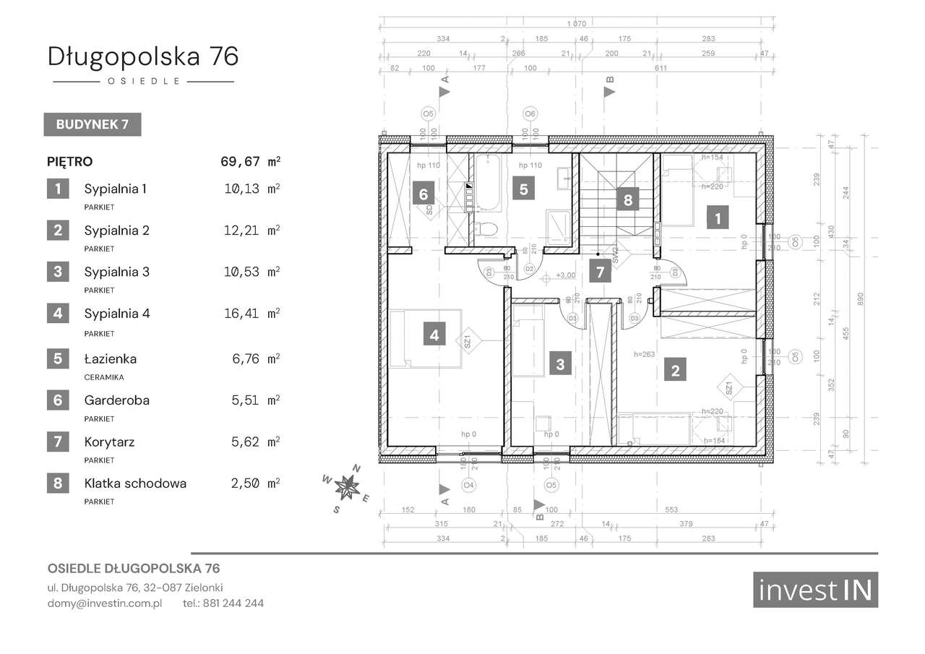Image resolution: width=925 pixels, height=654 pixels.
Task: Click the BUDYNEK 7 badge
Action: (x=92, y=124)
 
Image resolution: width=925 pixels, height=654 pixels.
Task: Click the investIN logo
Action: (x=815, y=590)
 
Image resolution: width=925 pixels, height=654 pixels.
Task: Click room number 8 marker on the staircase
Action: (x=628, y=199)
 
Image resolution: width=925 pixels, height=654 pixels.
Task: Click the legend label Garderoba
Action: (x=116, y=400)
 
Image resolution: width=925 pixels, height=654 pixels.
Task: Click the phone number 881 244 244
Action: (x=233, y=603)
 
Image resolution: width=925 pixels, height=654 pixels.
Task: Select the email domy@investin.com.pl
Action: (x=105, y=603)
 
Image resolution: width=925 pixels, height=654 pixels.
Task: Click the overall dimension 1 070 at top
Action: (x=576, y=24)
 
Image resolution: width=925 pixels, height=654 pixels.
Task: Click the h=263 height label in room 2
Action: (x=644, y=354)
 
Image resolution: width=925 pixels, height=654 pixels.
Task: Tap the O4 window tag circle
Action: (x=468, y=485)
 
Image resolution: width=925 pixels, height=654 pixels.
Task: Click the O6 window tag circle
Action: (x=530, y=113)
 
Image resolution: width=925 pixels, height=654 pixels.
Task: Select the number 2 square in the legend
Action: (x=58, y=231)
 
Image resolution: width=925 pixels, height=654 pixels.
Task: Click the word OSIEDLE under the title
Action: (x=143, y=82)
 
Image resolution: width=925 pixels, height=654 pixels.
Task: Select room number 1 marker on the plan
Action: (x=716, y=218)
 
